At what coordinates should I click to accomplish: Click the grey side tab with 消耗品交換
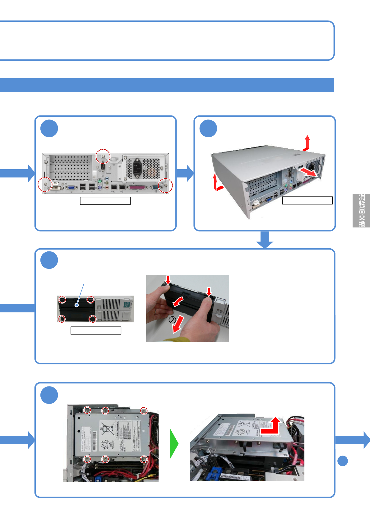(361, 211)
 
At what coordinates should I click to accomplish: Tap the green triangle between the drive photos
(173, 444)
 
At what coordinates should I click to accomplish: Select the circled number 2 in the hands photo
(172, 320)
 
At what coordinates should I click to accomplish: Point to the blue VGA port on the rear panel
(71, 188)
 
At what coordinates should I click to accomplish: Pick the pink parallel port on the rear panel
(137, 188)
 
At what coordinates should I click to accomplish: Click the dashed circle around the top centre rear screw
(103, 156)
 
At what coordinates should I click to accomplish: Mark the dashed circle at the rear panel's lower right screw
(165, 186)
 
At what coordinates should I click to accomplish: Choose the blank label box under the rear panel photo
(105, 201)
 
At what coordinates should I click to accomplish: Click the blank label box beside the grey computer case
(307, 200)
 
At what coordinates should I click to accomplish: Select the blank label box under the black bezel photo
(96, 330)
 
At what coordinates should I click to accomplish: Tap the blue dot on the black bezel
(76, 305)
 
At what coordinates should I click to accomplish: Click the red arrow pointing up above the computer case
(307, 143)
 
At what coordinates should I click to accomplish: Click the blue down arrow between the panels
(265, 240)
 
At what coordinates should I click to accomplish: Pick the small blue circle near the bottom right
(343, 461)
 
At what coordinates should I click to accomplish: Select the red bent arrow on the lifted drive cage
(271, 426)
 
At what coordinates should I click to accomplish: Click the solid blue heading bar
(167, 85)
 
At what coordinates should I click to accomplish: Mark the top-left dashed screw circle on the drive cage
(87, 410)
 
